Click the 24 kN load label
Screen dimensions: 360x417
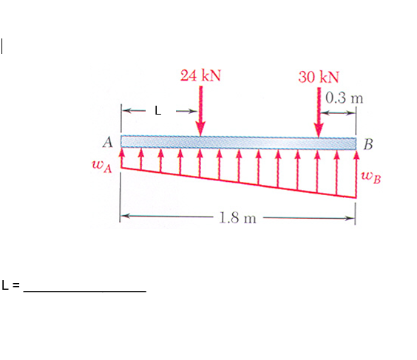[x=201, y=75]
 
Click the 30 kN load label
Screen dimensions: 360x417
[x=319, y=77]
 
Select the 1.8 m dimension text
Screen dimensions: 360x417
[x=238, y=218]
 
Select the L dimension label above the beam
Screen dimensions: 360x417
[x=157, y=112]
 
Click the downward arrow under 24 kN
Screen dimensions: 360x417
[x=200, y=111]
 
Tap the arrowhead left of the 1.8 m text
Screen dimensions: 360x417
[x=126, y=217]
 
